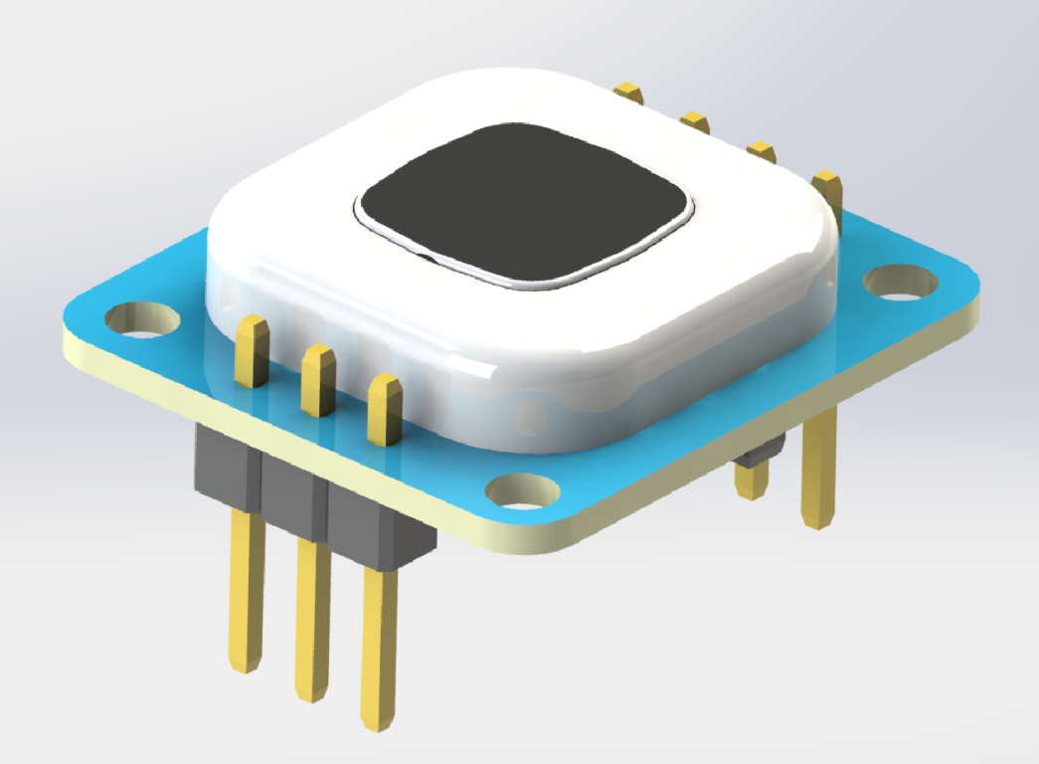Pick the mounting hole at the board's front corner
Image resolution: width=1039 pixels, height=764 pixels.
click(523, 491)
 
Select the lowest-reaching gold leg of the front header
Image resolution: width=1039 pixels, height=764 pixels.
click(379, 647)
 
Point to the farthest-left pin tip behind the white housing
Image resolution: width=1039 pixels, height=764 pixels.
click(629, 92)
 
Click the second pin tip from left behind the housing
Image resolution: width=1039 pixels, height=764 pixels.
click(695, 121)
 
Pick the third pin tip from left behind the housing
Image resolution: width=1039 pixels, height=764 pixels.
click(761, 151)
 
